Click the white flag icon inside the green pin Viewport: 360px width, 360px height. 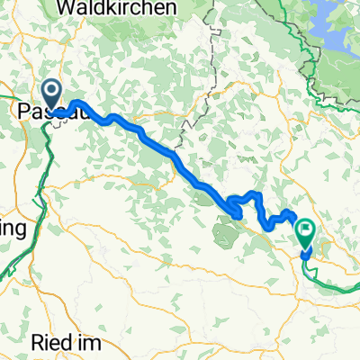(305, 231)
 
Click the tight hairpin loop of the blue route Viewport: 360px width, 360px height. (236, 209)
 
